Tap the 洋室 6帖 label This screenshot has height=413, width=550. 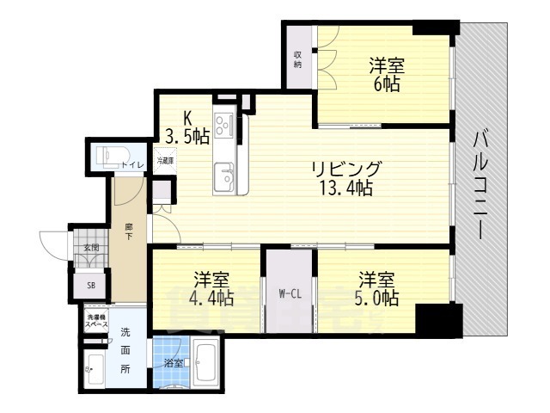pyautogui.click(x=386, y=75)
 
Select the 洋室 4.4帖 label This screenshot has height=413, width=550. pyautogui.click(x=211, y=289)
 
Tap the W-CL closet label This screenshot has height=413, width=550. pyautogui.click(x=289, y=293)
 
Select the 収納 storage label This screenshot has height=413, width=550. pyautogui.click(x=297, y=59)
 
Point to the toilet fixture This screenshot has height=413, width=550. pyautogui.click(x=107, y=158)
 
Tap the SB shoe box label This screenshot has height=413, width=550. pyautogui.click(x=90, y=286)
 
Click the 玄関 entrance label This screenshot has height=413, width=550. pyautogui.click(x=90, y=248)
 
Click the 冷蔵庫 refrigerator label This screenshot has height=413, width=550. pyautogui.click(x=164, y=160)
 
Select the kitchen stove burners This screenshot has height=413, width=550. pyautogui.click(x=224, y=126)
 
